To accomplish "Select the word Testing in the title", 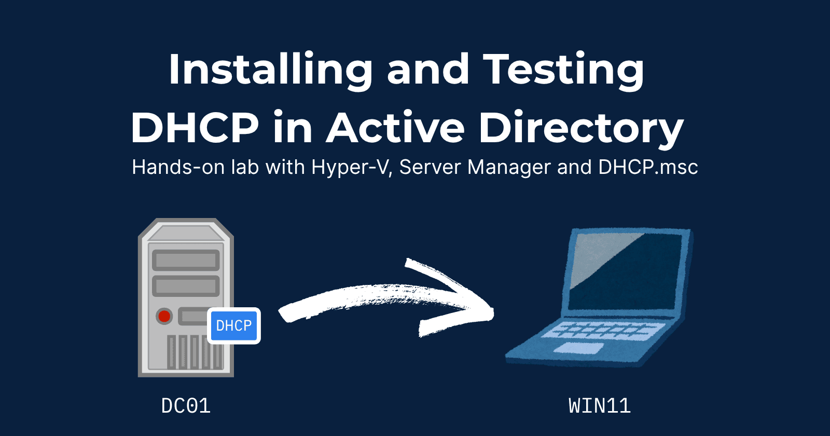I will click(563, 70).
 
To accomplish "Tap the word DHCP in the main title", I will click(195, 128).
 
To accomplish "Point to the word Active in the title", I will click(395, 128).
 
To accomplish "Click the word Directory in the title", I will click(581, 128).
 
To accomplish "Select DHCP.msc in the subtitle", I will click(648, 167).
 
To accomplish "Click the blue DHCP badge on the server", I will click(234, 325).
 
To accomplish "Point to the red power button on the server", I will click(164, 316).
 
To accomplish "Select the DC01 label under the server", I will click(186, 406).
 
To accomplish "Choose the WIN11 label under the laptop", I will click(600, 406).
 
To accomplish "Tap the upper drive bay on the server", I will click(186, 260).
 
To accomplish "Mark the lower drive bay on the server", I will click(186, 285).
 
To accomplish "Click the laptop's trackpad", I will click(579, 348).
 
